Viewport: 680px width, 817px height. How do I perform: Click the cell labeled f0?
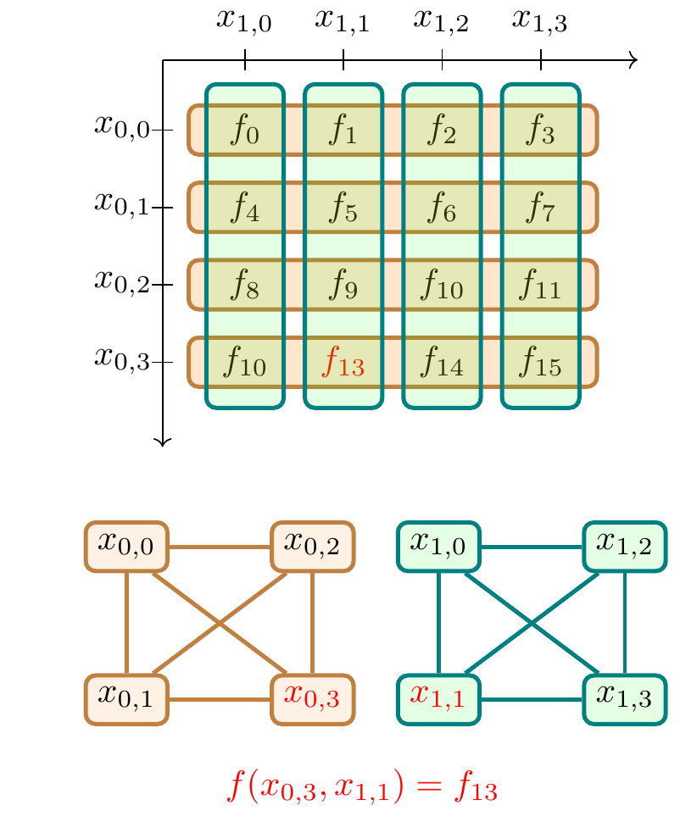tap(245, 131)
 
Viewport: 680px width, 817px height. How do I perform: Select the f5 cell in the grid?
tap(343, 208)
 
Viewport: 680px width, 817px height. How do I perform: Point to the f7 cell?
tap(541, 208)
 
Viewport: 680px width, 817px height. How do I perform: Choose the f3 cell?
tap(541, 131)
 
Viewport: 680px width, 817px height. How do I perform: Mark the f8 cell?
tap(245, 286)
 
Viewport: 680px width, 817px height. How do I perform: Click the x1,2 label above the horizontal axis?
tap(442, 20)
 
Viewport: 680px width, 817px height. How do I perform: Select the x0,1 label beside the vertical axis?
tap(121, 203)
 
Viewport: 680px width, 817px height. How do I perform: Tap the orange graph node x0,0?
tap(126, 545)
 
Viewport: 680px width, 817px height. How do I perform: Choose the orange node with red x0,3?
tap(313, 699)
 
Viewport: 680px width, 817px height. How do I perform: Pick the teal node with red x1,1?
tap(438, 699)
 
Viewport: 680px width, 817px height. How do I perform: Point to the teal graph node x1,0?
tap(438, 545)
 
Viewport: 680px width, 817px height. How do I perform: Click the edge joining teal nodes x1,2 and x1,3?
tap(625, 622)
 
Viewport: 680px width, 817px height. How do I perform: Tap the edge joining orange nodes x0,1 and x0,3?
tap(220, 700)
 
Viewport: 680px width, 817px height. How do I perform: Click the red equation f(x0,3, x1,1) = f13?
tap(361, 787)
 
